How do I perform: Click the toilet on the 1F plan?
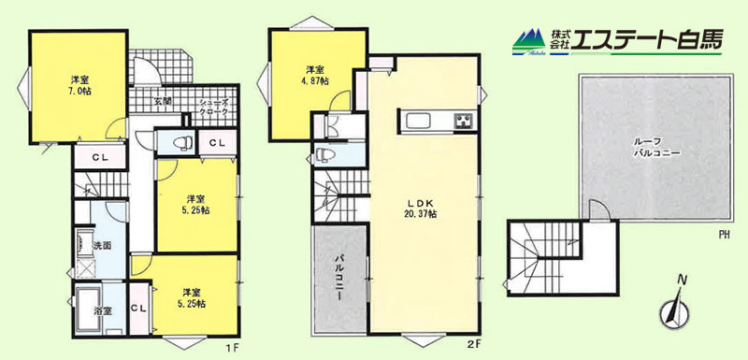point(180,142)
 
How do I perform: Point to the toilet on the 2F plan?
point(325,154)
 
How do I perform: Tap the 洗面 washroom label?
point(102,246)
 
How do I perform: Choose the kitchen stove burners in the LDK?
point(463,121)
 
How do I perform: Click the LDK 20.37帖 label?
point(423,209)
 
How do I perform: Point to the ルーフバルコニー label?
point(654,147)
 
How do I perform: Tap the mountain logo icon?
point(529,42)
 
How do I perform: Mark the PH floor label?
point(724,235)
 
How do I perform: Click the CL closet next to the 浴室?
point(139,308)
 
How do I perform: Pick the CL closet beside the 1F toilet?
point(218,142)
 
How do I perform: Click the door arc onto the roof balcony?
point(599,209)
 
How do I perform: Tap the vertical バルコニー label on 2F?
point(338,278)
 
